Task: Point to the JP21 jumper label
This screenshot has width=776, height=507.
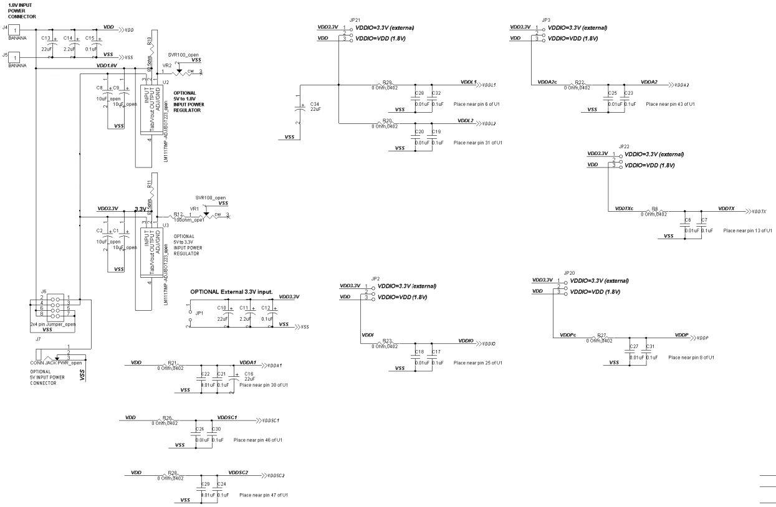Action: coord(355,20)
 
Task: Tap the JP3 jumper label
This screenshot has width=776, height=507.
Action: coord(546,20)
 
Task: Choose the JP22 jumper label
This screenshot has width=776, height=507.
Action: coord(625,146)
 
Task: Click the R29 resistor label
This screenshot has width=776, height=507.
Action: coord(388,82)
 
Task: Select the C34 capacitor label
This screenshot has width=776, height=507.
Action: coord(314,104)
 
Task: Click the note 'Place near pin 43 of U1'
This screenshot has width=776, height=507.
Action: coord(670,104)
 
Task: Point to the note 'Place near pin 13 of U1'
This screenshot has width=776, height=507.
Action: coord(747,230)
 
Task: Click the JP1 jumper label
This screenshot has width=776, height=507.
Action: coord(199,313)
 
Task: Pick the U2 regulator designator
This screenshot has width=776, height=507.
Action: coord(165,82)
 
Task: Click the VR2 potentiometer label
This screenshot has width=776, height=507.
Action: coord(166,65)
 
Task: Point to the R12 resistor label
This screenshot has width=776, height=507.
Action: coord(178,214)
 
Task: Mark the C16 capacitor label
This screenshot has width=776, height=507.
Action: coord(249,373)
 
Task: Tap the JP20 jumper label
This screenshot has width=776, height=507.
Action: coord(569,273)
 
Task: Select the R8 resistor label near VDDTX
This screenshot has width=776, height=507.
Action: coord(654,209)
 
